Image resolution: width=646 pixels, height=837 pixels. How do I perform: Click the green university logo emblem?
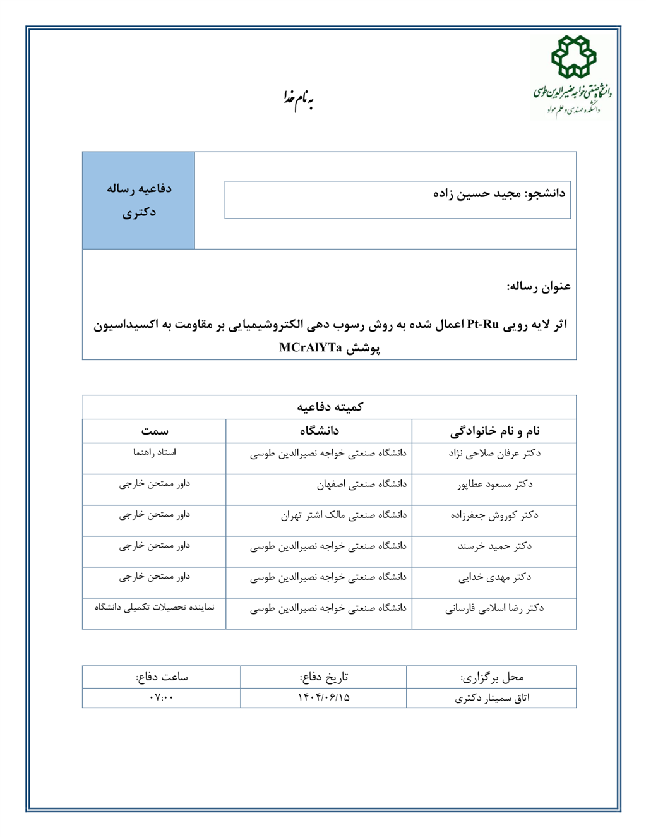(x=573, y=57)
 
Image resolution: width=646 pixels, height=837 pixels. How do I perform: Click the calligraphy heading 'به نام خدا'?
(x=299, y=99)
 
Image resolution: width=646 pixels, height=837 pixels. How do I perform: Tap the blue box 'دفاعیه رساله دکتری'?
(x=139, y=200)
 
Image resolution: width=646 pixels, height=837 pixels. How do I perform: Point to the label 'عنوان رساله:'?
(x=538, y=287)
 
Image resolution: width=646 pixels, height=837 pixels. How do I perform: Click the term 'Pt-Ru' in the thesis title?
(x=483, y=325)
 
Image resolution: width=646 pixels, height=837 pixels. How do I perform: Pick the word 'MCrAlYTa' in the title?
(x=310, y=347)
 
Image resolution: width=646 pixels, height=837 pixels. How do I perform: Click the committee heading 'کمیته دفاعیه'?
(x=330, y=407)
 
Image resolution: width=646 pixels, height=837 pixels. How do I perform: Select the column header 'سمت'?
(x=155, y=431)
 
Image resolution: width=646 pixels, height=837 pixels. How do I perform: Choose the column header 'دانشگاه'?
(x=320, y=431)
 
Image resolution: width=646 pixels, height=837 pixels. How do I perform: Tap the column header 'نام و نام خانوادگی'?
(x=494, y=431)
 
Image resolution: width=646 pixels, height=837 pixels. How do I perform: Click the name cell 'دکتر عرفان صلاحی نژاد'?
(x=494, y=454)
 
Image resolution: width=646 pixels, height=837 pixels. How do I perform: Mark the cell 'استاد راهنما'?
(x=155, y=452)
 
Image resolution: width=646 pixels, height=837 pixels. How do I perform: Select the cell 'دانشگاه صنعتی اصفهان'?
(x=361, y=485)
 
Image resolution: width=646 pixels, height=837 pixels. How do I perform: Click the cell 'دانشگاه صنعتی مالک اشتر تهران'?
(x=344, y=515)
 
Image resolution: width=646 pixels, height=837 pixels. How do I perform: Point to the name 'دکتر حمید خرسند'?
(x=494, y=546)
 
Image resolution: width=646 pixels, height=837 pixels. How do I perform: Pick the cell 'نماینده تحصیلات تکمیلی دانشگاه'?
(x=155, y=607)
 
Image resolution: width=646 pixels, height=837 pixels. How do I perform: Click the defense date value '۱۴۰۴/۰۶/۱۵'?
(x=323, y=697)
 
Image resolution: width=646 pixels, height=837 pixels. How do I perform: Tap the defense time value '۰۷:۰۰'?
(x=162, y=697)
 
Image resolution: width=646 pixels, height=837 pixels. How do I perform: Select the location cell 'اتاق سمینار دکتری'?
(x=492, y=698)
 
